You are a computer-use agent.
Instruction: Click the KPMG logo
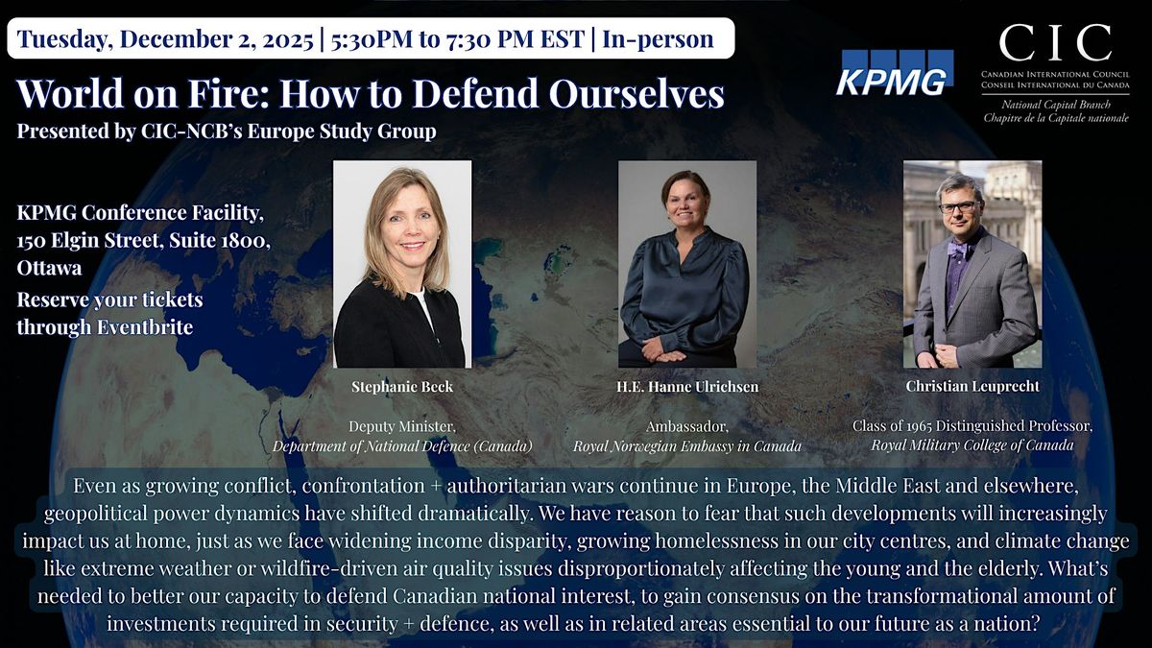click(894, 73)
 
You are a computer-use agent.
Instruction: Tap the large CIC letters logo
click(1055, 42)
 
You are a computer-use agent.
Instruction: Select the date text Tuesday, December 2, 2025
click(165, 39)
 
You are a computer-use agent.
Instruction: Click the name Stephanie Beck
click(402, 386)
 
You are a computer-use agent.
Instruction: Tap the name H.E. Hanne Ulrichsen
click(687, 386)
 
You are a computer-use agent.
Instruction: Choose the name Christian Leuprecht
click(972, 386)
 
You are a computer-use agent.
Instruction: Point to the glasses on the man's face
click(958, 206)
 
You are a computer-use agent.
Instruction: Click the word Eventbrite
click(142, 326)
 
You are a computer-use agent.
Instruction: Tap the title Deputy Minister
click(402, 427)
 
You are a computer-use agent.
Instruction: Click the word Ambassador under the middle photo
click(687, 427)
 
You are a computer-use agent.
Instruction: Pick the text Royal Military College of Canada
click(972, 444)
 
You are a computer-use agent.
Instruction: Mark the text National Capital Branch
click(1054, 104)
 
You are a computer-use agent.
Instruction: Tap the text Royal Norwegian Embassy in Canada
click(687, 445)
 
